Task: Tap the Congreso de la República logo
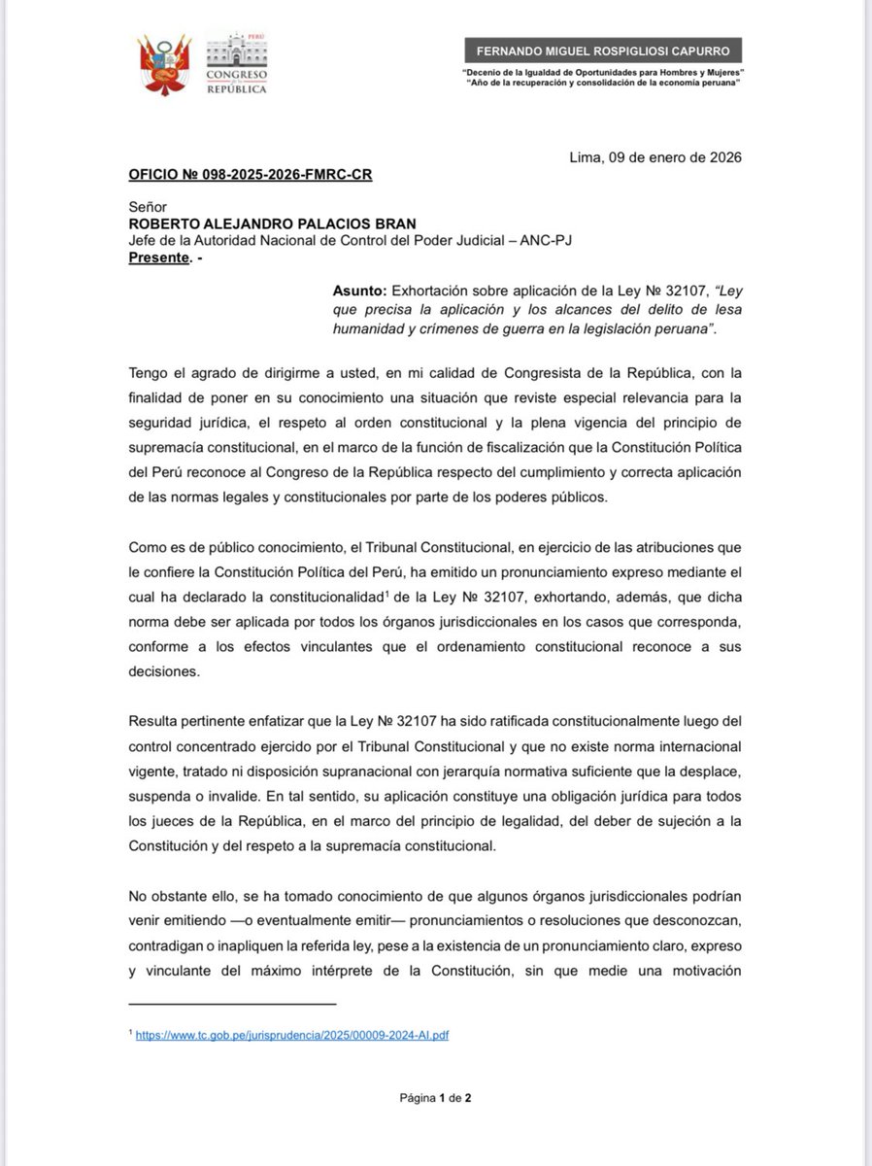236,63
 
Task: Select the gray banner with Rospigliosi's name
603,51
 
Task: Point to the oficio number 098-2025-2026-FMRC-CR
251,175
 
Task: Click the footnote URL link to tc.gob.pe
292,1036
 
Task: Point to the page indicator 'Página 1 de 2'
435,1098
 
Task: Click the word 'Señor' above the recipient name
148,207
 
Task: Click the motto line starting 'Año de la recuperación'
604,84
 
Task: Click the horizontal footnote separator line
232,1004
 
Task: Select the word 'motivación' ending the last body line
701,969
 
